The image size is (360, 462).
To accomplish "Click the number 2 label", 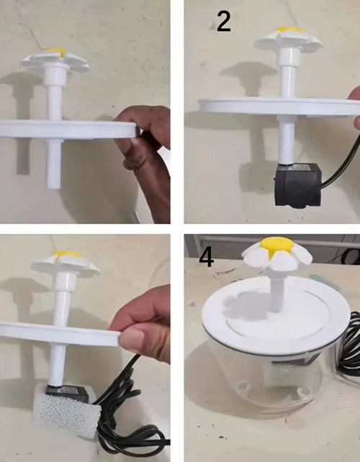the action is (224, 21).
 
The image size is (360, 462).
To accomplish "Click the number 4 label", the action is (207, 257).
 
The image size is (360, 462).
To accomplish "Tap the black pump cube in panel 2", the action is (297, 185).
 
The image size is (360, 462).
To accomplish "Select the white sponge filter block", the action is (66, 409).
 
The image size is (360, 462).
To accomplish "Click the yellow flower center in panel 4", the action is (276, 244).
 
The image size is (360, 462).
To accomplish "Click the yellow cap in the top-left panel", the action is (55, 50).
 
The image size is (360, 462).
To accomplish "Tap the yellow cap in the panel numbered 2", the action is (290, 30).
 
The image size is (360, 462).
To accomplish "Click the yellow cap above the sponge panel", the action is (68, 254).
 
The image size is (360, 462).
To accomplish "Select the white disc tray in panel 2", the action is (279, 107).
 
